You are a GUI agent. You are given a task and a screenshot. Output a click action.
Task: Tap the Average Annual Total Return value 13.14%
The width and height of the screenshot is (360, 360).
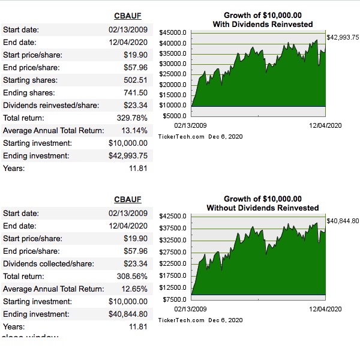(134, 130)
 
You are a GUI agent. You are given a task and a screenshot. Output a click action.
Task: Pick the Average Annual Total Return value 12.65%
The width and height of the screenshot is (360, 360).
(134, 289)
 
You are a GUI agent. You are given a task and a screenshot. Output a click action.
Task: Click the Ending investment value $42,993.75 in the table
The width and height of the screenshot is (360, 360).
(128, 156)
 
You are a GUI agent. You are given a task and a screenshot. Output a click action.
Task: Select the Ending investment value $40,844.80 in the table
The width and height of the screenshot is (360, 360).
(128, 314)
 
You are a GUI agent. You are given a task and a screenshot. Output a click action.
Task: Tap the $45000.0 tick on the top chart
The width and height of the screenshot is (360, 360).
(175, 33)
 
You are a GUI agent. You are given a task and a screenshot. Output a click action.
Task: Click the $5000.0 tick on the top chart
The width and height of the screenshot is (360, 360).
(176, 115)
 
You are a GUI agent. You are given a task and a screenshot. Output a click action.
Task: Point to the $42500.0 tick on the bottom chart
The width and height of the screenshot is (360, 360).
(175, 216)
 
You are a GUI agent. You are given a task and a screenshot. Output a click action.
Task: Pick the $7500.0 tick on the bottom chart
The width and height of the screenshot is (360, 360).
(176, 299)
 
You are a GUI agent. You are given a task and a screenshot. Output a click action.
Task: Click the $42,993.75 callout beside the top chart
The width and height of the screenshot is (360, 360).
(342, 37)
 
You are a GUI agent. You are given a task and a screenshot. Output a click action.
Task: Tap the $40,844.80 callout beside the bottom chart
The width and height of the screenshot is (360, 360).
(342, 221)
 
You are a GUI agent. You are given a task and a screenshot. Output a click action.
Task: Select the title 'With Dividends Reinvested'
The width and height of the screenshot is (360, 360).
(263, 24)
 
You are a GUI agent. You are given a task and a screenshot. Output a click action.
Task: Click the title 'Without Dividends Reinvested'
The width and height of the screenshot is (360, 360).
(263, 208)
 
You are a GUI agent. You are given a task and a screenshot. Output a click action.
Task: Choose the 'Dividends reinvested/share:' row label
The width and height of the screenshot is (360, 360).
(51, 105)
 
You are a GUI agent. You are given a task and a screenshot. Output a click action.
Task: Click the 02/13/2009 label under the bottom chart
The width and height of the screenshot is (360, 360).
(190, 308)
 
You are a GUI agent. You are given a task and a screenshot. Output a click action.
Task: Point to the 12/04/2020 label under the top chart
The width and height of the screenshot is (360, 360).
(325, 125)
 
